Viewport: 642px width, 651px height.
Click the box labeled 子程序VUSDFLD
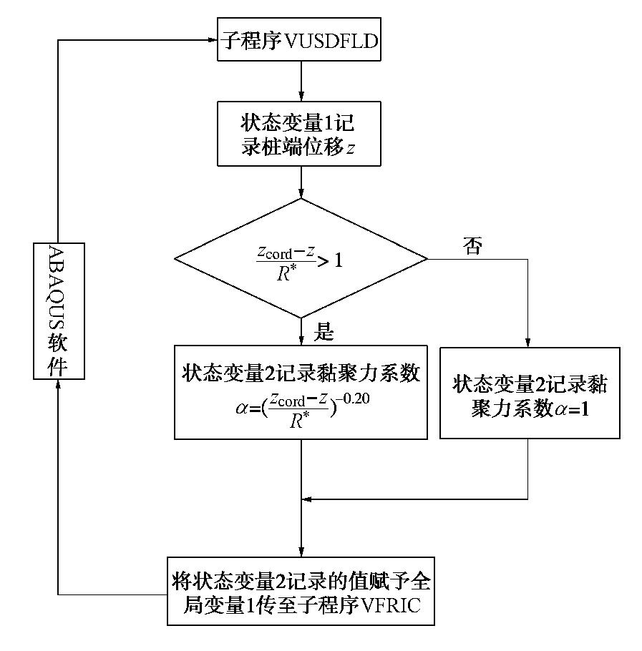(299, 41)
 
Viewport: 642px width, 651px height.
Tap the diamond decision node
(301, 258)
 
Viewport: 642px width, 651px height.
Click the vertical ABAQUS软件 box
(59, 310)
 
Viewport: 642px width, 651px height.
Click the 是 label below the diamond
(324, 332)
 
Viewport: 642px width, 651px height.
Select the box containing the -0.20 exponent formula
(301, 392)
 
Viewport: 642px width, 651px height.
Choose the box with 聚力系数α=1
(529, 393)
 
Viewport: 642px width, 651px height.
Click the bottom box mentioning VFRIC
(301, 590)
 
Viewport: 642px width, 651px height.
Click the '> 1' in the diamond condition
(329, 260)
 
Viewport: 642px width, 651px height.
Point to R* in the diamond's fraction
(287, 274)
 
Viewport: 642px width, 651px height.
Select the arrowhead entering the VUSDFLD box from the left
(213, 41)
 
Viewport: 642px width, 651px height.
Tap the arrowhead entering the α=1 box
(528, 343)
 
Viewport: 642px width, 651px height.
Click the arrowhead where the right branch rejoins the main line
(307, 499)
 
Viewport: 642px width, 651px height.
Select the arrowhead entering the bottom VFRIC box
(301, 552)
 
